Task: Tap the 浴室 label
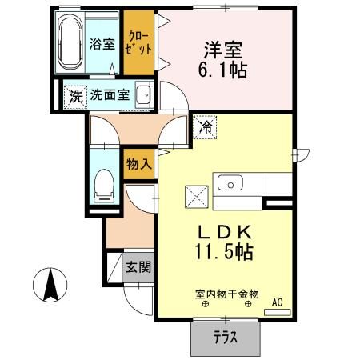click(101, 43)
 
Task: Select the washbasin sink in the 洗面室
click(144, 97)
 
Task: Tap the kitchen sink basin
click(230, 184)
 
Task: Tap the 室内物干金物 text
click(226, 294)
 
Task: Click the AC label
click(278, 302)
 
